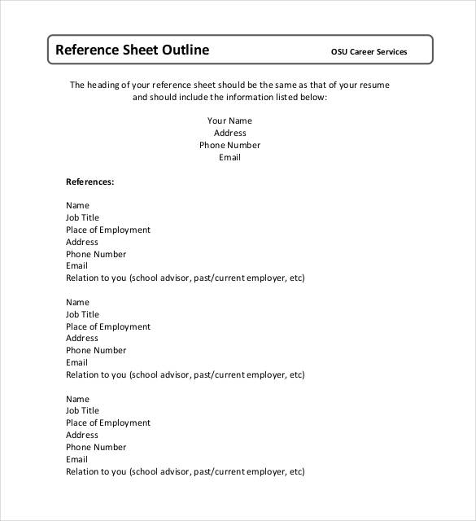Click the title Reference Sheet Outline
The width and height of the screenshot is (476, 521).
[132, 50]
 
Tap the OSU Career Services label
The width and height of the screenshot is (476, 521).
[369, 52]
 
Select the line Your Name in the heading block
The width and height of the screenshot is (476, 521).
[229, 121]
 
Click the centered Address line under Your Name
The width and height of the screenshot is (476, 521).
[229, 134]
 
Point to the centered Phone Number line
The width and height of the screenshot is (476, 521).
[229, 146]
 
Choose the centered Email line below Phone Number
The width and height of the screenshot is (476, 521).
[229, 158]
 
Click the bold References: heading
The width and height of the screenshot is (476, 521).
[90, 182]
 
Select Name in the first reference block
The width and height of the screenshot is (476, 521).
[77, 206]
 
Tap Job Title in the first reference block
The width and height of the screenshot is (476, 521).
[82, 218]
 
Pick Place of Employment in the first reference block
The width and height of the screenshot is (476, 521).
[108, 230]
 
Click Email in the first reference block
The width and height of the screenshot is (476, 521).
[76, 266]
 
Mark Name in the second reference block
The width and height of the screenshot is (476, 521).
[77, 302]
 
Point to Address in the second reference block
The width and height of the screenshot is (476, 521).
[81, 339]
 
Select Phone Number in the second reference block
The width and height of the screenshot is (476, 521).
[96, 351]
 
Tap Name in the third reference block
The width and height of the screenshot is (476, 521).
[77, 399]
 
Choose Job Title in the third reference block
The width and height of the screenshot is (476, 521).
[82, 411]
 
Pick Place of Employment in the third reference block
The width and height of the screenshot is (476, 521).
[108, 423]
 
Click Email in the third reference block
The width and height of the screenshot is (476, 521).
[76, 459]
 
